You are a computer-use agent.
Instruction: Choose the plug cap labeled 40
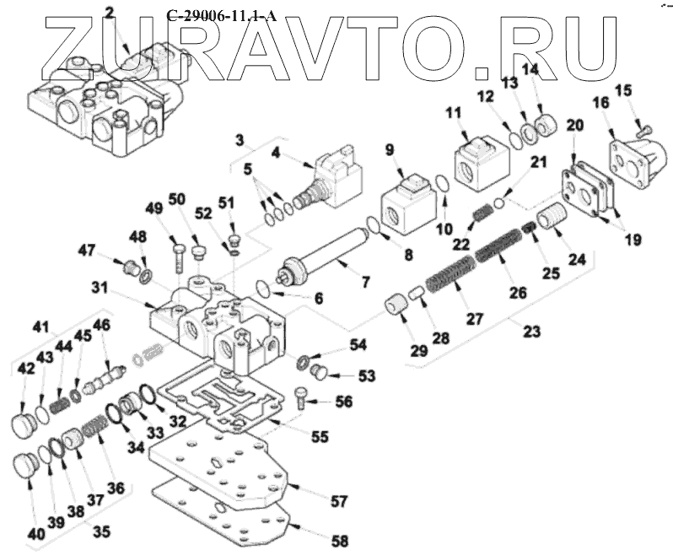[27, 467]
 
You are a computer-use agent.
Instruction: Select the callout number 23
[530, 331]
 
